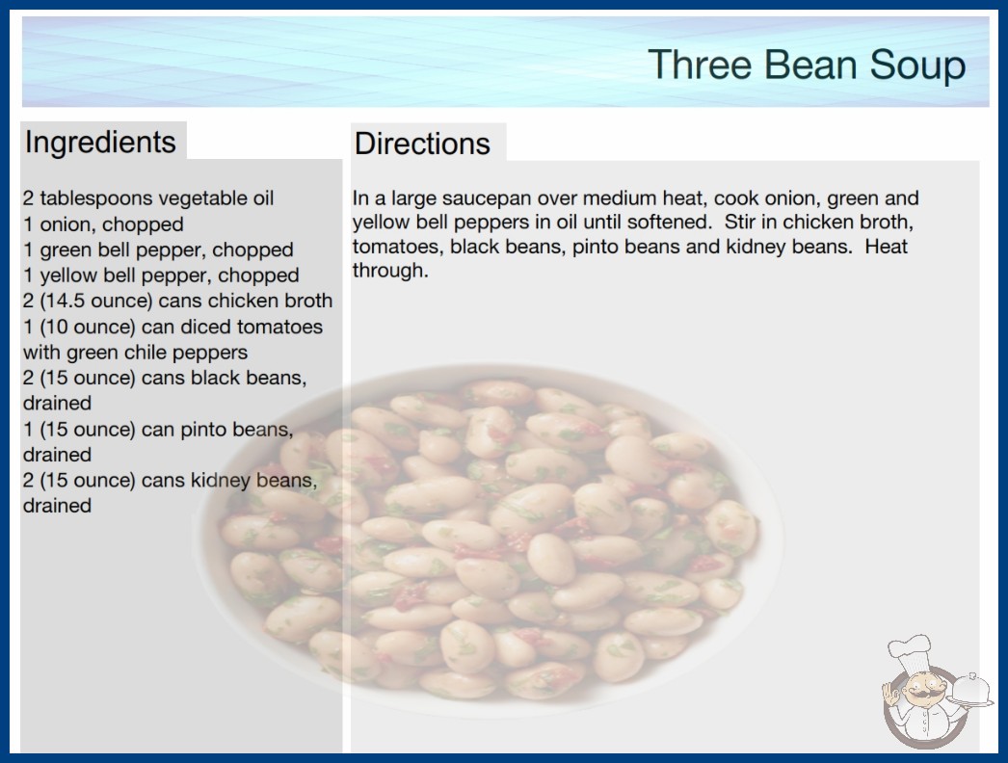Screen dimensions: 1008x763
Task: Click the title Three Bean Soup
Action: [x=807, y=66]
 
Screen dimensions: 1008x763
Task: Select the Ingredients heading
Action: [x=100, y=143]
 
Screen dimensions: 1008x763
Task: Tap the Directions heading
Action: [x=422, y=144]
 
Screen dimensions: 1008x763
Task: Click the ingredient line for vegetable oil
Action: [x=148, y=198]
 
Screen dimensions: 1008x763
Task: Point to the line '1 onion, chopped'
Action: [x=103, y=224]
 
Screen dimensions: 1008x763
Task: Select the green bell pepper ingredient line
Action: [x=158, y=250]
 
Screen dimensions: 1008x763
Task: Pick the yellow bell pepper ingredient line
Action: [x=161, y=276]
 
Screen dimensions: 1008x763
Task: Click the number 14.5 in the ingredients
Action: [x=66, y=301]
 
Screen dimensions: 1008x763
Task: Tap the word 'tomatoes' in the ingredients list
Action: [x=279, y=327]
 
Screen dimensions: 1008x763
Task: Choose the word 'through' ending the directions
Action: [x=390, y=271]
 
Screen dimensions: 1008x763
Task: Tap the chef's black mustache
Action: [x=919, y=694]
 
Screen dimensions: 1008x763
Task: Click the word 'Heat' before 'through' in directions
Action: [x=886, y=247]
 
